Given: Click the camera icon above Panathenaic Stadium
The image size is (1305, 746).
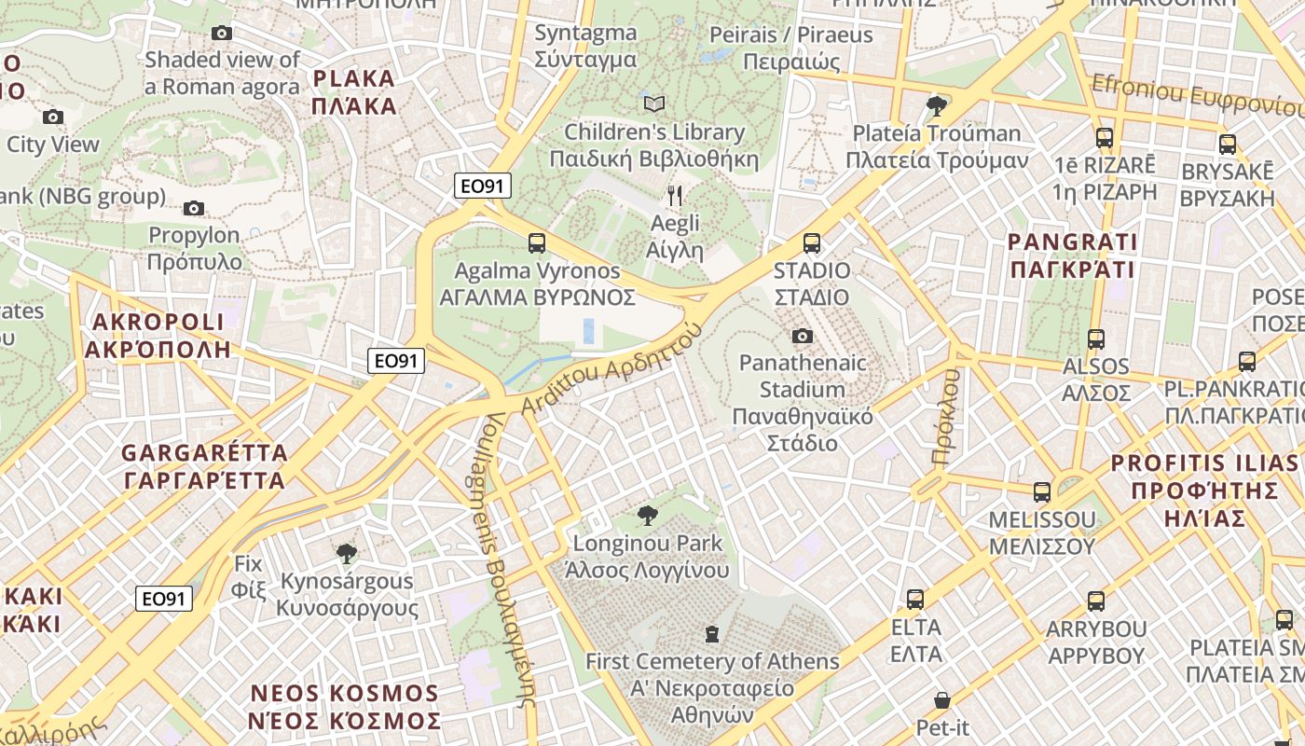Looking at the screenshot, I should [802, 336].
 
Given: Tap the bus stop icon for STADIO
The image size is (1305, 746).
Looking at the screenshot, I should [811, 243].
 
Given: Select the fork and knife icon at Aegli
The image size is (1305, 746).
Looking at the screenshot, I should [675, 196].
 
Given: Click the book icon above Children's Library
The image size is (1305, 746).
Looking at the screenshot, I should [654, 104].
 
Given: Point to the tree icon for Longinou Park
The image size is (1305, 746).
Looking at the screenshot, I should [647, 516].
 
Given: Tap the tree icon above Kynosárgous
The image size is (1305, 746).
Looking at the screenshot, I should [347, 554].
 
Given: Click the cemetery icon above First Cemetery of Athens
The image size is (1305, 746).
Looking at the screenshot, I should [712, 634].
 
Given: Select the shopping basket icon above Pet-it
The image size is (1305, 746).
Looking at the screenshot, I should [942, 699].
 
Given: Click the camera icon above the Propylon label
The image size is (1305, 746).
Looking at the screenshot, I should [194, 208].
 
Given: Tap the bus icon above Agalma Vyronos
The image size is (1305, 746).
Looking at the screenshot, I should [537, 243].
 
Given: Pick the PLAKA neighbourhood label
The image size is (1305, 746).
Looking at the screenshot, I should [355, 92].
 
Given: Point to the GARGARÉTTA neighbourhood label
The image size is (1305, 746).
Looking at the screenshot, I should [204, 467].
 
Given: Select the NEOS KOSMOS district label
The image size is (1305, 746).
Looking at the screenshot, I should [344, 707].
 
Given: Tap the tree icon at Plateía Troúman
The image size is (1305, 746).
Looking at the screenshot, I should [937, 106].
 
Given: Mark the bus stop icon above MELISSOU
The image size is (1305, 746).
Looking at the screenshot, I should [1042, 492].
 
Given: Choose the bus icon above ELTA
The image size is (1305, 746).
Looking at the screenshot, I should [915, 599].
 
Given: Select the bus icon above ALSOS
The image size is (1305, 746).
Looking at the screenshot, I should [1096, 339].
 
